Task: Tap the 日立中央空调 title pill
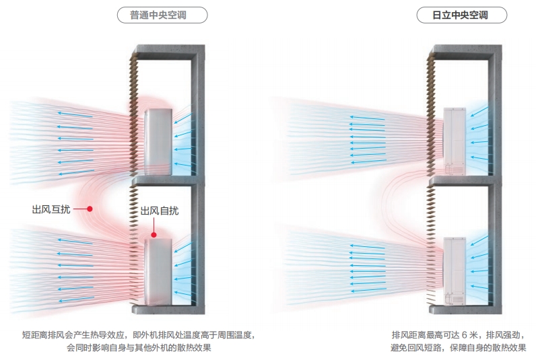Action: tap(460, 15)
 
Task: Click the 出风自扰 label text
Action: tap(160, 211)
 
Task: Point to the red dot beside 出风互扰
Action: tap(89, 209)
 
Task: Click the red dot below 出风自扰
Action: tap(154, 235)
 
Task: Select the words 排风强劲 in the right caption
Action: tap(504, 334)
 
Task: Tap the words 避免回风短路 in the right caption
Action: tap(417, 348)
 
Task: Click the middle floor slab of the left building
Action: tap(165, 181)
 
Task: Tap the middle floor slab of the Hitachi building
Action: tap(465, 180)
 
